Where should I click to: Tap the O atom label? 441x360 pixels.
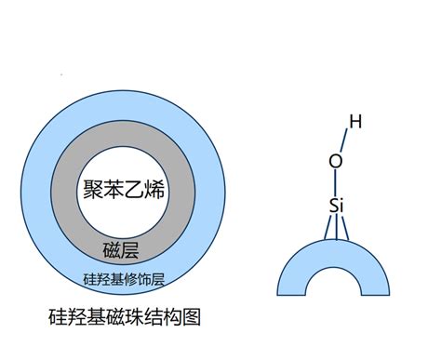click(336, 161)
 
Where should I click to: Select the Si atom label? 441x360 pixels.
click(339, 204)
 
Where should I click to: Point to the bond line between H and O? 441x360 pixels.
click(345, 140)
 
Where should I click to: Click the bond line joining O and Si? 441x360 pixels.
click(337, 182)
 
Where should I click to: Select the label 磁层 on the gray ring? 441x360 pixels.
click(122, 249)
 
